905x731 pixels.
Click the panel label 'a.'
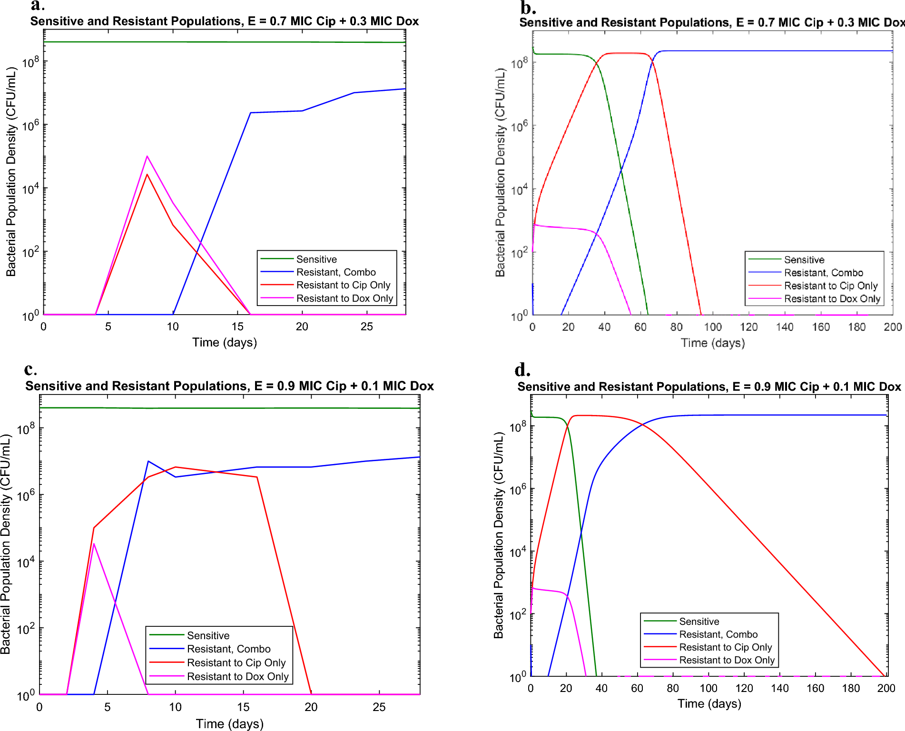[x=37, y=6]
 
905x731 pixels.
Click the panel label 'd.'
[x=522, y=370]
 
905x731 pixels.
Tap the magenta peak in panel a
[x=147, y=157]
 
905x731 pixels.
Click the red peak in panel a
[x=147, y=175]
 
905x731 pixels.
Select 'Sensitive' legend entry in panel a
[x=316, y=259]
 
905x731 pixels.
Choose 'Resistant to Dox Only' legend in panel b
[x=832, y=299]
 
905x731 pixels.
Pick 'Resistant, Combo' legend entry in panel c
[x=228, y=649]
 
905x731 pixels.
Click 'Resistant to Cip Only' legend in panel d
[x=725, y=647]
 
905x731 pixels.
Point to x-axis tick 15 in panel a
[x=237, y=327]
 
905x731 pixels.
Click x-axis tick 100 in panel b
[x=712, y=327]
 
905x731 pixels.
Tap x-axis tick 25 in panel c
[x=379, y=707]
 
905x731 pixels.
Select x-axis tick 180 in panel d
[x=850, y=689]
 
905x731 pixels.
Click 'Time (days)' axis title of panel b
[x=712, y=343]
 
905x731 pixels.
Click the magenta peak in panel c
[x=94, y=544]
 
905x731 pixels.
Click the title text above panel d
[x=709, y=387]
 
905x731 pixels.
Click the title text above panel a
[x=224, y=21]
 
